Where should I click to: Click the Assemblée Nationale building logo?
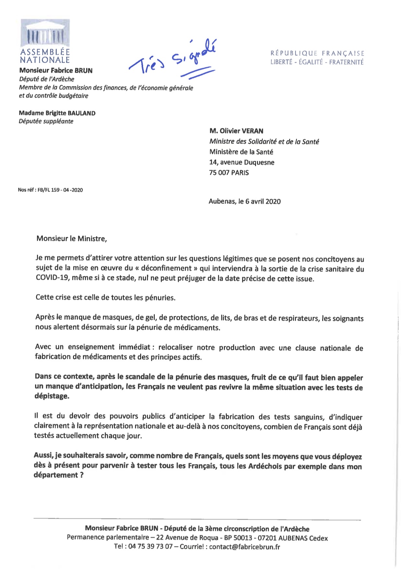click(45, 34)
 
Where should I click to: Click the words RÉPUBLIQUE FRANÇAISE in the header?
click(317, 53)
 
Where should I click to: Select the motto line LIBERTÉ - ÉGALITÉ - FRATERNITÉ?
click(317, 62)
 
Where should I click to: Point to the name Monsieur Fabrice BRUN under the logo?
click(56, 70)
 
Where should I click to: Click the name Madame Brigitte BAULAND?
click(57, 113)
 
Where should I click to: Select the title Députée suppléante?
click(46, 121)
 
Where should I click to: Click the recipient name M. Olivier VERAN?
click(236, 131)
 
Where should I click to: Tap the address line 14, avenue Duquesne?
click(242, 162)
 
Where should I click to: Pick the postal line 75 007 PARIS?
click(229, 173)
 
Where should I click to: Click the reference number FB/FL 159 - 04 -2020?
click(60, 190)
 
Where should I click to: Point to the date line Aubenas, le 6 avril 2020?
click(245, 201)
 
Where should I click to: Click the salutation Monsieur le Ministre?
click(71, 239)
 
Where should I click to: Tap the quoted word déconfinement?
click(166, 269)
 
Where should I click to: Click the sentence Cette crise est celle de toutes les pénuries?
click(105, 297)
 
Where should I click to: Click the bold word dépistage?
click(52, 396)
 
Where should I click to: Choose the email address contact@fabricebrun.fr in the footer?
click(244, 547)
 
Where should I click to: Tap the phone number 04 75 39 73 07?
click(150, 547)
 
